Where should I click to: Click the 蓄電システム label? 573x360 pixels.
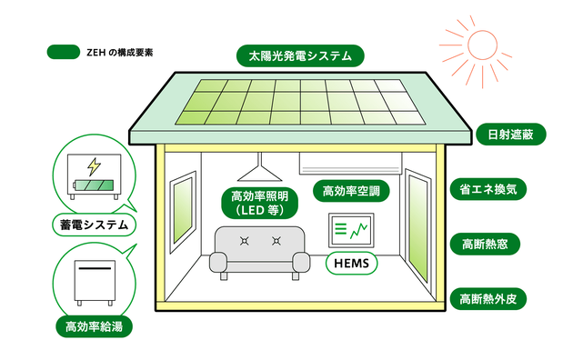[91, 224]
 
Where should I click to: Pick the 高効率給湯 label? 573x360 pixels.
[91, 325]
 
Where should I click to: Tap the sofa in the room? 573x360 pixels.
[258, 250]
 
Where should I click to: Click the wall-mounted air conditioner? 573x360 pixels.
[350, 164]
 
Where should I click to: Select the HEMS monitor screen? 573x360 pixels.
[350, 230]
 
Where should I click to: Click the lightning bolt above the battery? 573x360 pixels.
[94, 166]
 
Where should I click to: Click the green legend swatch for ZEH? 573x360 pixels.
[64, 52]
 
